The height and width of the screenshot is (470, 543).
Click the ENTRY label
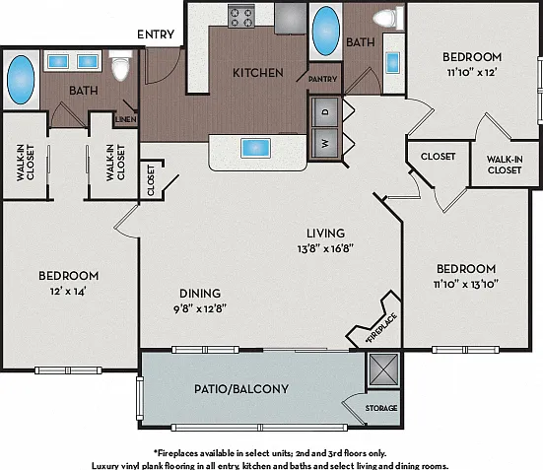[156, 34]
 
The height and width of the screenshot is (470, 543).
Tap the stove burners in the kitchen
[241, 17]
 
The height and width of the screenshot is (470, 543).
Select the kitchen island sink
[255, 148]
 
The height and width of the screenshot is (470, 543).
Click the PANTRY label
[322, 79]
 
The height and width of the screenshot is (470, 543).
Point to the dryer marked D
[325, 112]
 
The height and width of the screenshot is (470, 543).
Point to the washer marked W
[324, 143]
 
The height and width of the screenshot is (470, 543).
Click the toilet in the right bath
[388, 18]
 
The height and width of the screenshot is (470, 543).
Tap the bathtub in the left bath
[21, 80]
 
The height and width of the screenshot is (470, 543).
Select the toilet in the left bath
[120, 65]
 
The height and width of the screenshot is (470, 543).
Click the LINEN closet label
[126, 119]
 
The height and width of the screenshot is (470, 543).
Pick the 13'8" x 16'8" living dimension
[325, 248]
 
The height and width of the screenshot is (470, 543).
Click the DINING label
[200, 294]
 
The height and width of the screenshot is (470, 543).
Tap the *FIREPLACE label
[381, 328]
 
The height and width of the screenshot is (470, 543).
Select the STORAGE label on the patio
[381, 408]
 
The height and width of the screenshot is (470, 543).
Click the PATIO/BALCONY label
[241, 389]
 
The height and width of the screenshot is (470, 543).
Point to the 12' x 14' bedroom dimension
[68, 292]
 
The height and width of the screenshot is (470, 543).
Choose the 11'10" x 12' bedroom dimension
[472, 72]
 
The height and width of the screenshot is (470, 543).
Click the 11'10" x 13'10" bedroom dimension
[466, 284]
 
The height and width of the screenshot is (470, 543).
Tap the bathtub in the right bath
[325, 32]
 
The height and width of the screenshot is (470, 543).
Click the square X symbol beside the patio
[383, 369]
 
